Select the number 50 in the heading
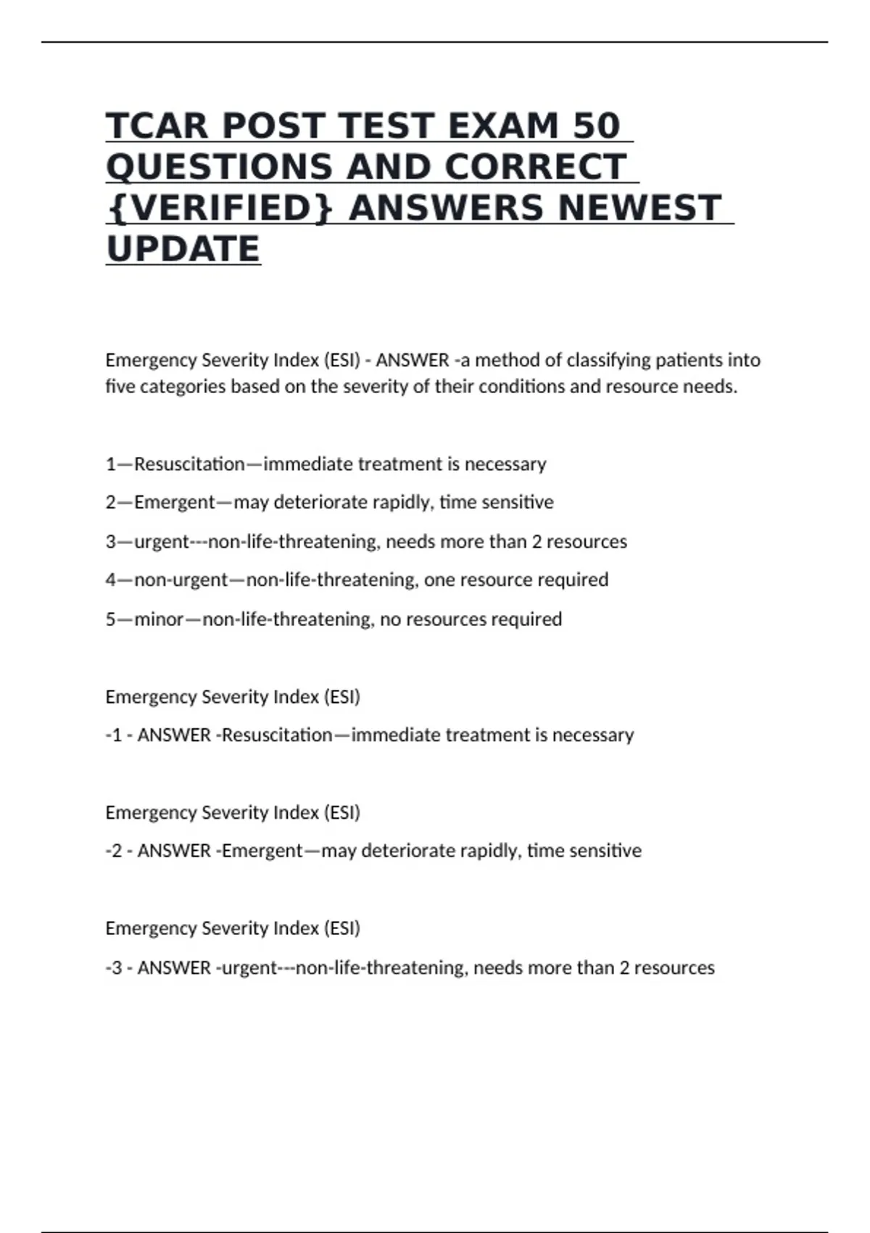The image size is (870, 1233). pyautogui.click(x=597, y=126)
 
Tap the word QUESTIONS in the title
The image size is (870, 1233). pyautogui.click(x=220, y=168)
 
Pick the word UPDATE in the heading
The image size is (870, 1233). pyautogui.click(x=183, y=250)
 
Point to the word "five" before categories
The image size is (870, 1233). pyautogui.click(x=120, y=387)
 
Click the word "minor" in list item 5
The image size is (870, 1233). pyautogui.click(x=159, y=619)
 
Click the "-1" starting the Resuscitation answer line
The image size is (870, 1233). pyautogui.click(x=114, y=735)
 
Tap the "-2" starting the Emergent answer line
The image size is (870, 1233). pyautogui.click(x=114, y=851)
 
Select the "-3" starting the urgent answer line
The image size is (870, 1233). pyautogui.click(x=114, y=968)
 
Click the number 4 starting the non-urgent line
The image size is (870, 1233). pyautogui.click(x=111, y=580)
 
